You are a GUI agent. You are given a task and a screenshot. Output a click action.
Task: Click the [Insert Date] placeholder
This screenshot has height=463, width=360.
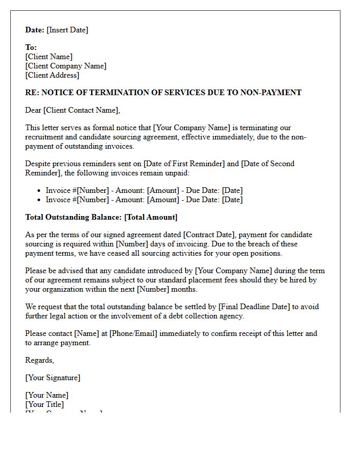tap(67, 30)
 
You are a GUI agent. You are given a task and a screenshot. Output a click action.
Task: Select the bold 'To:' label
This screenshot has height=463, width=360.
tap(31, 47)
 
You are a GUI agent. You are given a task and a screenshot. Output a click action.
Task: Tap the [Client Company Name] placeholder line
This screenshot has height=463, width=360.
tap(66, 66)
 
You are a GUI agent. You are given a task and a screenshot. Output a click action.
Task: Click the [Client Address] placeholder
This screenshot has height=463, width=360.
tap(52, 75)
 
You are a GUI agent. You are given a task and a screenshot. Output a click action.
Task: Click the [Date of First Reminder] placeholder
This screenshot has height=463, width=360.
tap(183, 164)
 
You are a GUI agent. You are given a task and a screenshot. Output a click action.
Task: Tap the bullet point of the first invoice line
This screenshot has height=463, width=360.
tap(39, 191)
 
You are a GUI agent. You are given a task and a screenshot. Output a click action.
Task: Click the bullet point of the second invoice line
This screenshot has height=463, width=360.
tap(39, 200)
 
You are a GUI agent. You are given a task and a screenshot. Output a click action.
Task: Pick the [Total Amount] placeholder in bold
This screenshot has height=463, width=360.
tap(151, 217)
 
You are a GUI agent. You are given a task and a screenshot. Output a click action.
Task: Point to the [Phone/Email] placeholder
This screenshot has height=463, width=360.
tap(133, 333)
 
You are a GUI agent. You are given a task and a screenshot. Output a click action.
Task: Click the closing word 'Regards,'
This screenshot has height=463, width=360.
tap(40, 360)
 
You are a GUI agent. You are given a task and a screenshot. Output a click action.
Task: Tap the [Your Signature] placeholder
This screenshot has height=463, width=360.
tap(52, 378)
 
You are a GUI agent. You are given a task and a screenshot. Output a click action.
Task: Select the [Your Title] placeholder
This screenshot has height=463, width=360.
tap(45, 404)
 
